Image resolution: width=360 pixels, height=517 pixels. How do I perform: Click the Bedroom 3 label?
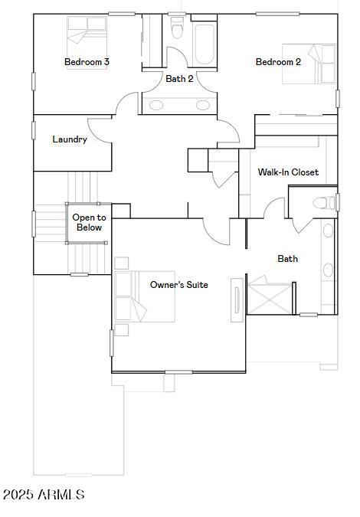coord(87,62)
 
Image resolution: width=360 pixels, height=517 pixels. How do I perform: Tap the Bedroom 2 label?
coord(278,62)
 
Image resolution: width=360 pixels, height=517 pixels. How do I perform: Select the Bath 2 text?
coord(179,78)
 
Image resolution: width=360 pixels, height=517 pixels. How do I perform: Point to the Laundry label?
coord(70,139)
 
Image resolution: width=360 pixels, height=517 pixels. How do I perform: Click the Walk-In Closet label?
coord(288,172)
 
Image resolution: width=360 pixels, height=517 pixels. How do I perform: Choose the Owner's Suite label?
coord(178,285)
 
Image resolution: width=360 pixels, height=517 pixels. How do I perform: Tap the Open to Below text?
coord(89,223)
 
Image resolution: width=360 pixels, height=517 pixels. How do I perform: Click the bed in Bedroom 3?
coord(87,32)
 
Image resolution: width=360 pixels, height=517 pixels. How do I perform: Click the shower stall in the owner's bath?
coord(268,299)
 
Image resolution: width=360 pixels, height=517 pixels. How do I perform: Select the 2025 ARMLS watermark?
coord(44,496)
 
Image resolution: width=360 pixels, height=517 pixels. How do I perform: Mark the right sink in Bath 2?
coord(203,106)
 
